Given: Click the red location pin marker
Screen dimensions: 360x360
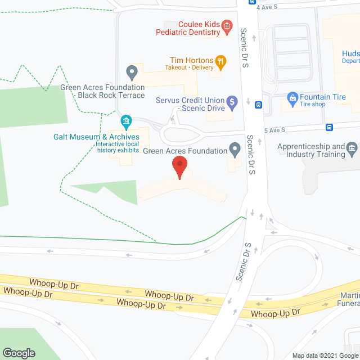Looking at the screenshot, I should (179, 168).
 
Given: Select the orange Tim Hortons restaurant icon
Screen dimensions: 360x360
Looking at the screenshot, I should (222, 61).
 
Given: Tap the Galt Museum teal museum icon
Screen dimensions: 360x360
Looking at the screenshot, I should (126, 121).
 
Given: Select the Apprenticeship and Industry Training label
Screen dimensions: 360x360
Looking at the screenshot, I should (311, 151).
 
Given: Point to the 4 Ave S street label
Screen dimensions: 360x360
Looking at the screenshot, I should (267, 7).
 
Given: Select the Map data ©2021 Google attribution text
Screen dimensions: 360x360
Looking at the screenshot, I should (325, 355).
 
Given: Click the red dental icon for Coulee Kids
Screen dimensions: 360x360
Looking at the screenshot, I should (227, 25).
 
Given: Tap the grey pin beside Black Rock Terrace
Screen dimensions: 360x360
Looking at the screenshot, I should (132, 72).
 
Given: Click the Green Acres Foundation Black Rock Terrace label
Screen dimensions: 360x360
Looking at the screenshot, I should (103, 92).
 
